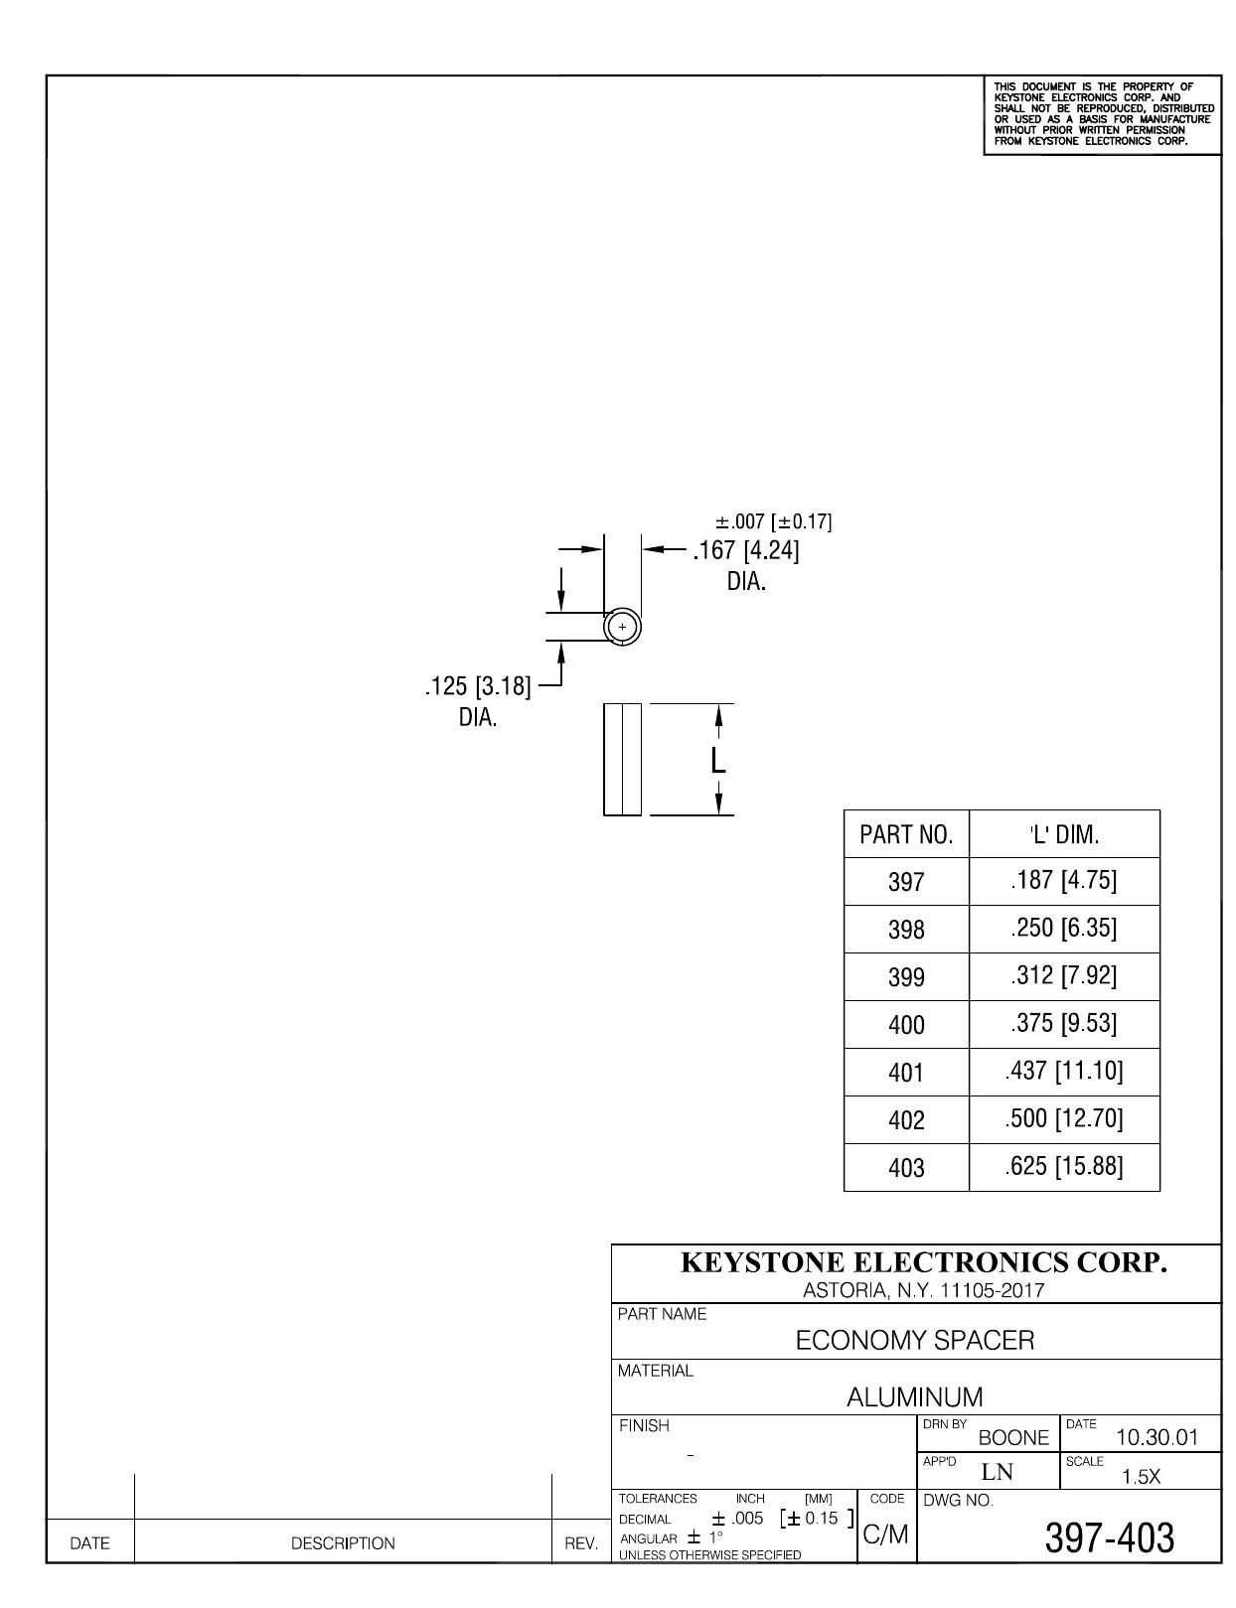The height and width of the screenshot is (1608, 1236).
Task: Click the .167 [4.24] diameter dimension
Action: click(745, 551)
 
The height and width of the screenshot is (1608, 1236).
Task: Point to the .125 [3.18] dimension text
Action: click(478, 686)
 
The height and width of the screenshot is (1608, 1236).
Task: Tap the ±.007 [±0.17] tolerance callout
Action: click(773, 522)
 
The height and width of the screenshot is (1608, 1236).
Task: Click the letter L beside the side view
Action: click(718, 761)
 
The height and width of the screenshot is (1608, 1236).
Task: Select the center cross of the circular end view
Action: click(622, 628)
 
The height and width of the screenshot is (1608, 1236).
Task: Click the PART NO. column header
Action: click(906, 834)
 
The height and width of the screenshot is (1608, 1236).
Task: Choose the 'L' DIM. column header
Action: click(1063, 834)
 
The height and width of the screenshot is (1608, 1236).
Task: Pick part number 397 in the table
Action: click(906, 882)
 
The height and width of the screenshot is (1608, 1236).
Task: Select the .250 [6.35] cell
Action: click(1063, 928)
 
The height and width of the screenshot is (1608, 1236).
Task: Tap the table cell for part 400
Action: click(906, 1025)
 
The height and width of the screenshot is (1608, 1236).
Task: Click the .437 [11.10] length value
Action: click(1063, 1071)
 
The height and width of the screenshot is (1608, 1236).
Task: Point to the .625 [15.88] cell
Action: click(1063, 1166)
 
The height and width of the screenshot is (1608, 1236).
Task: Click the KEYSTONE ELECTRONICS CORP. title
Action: click(924, 1262)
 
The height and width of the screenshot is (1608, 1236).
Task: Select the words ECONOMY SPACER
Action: click(915, 1341)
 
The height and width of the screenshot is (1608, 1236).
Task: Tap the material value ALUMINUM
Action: click(915, 1397)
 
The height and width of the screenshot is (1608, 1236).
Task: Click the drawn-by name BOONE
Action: click(1013, 1438)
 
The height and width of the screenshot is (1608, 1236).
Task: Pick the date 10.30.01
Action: click(1157, 1438)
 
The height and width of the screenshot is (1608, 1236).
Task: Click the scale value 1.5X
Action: click(1141, 1478)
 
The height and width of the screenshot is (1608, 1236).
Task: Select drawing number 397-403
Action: click(1110, 1537)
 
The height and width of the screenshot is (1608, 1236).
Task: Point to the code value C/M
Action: click(885, 1535)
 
